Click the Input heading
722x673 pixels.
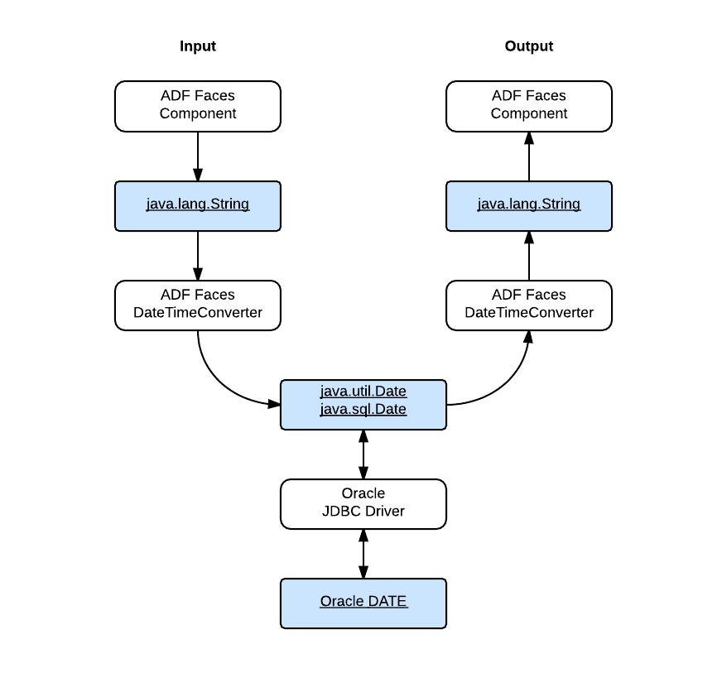(197, 46)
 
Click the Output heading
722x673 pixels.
(528, 46)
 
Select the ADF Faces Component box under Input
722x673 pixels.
(197, 106)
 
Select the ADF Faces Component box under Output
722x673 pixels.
(528, 106)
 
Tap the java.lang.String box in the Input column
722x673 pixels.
(197, 205)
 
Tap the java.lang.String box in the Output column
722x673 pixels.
(528, 205)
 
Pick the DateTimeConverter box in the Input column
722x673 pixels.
(197, 305)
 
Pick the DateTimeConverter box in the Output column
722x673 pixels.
(528, 305)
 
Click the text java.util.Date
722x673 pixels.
(363, 391)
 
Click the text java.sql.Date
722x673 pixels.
(363, 409)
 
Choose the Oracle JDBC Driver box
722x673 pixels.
(363, 503)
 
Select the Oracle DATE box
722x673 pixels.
(363, 603)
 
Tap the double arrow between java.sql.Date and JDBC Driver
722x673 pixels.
(363, 454)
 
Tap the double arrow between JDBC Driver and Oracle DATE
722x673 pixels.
(363, 553)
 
